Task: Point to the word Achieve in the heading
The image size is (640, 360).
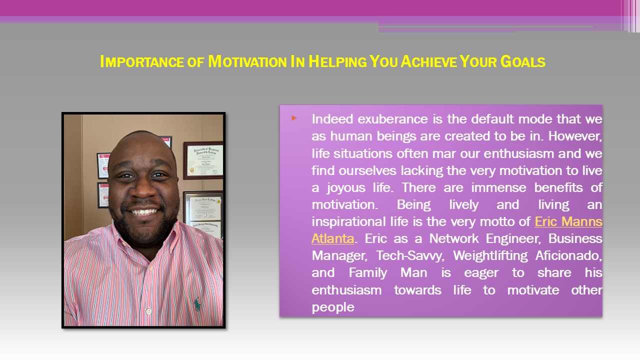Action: [x=433, y=61]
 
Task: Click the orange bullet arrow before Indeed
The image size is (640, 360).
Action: [x=294, y=118]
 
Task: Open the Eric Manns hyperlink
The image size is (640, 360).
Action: [x=568, y=221]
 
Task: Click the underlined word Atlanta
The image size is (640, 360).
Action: [x=332, y=238]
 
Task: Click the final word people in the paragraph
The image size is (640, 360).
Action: [x=332, y=307]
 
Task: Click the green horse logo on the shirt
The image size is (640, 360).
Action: [x=197, y=303]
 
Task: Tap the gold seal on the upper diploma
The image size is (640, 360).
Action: [x=192, y=169]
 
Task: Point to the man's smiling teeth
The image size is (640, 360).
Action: [x=144, y=212]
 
